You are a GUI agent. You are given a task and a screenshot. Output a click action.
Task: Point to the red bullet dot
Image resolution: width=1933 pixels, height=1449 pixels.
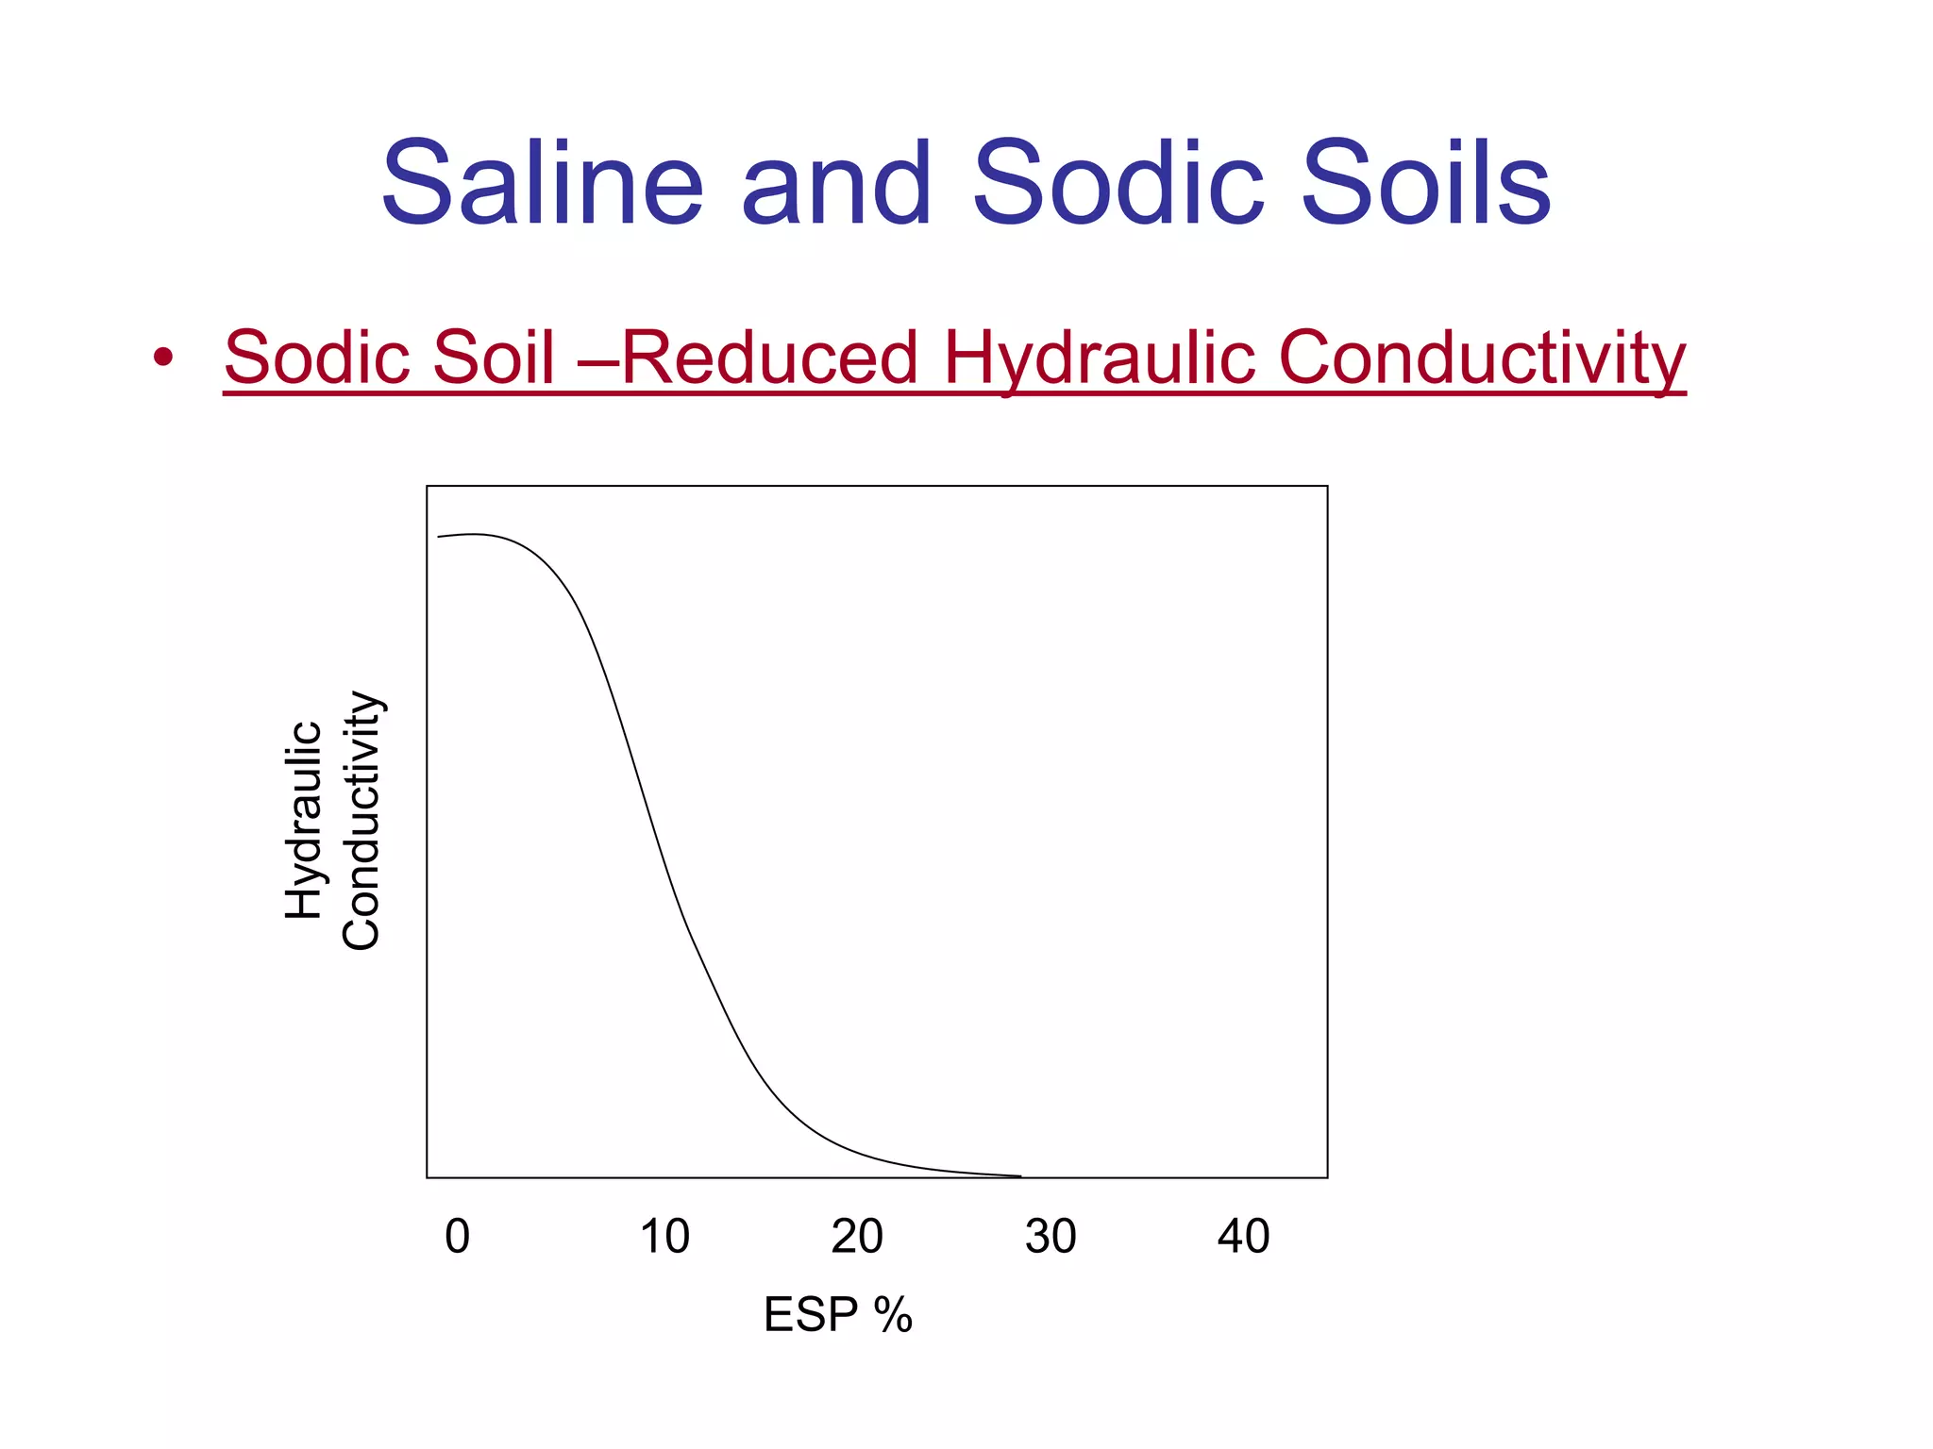[x=163, y=358]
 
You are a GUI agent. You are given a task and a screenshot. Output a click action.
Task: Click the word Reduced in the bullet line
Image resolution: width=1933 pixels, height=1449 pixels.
[x=768, y=358]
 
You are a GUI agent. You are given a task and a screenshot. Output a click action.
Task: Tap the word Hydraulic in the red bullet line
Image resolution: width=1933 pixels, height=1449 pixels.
[x=1099, y=359]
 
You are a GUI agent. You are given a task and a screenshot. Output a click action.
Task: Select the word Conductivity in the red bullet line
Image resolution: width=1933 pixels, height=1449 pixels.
[x=1482, y=359]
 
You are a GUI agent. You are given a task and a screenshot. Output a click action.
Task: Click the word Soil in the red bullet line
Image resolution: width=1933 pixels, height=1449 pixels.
[x=496, y=358]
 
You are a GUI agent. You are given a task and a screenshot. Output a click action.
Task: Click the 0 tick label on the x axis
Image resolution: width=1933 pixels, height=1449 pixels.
[x=457, y=1236]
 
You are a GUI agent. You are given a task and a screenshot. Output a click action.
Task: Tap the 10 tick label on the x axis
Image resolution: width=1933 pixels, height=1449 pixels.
[x=664, y=1236]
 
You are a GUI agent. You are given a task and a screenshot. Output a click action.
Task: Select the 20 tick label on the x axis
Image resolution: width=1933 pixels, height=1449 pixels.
[x=857, y=1236]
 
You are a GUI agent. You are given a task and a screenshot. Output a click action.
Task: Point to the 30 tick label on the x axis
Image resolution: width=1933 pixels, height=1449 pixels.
[x=1051, y=1236]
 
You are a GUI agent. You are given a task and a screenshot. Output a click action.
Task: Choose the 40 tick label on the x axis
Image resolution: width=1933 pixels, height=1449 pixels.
[x=1243, y=1236]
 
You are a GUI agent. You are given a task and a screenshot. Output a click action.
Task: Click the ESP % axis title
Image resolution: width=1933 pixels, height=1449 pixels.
[x=838, y=1314]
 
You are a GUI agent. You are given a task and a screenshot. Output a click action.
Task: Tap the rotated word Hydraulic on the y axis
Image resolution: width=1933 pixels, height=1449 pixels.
[x=304, y=820]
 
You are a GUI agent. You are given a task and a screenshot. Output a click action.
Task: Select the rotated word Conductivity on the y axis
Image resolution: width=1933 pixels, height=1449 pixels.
[x=361, y=820]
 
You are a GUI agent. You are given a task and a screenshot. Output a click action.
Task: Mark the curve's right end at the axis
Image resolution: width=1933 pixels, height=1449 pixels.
[x=1019, y=1175]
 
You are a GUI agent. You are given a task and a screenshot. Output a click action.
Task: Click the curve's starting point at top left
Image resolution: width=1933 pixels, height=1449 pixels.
[x=439, y=537]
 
